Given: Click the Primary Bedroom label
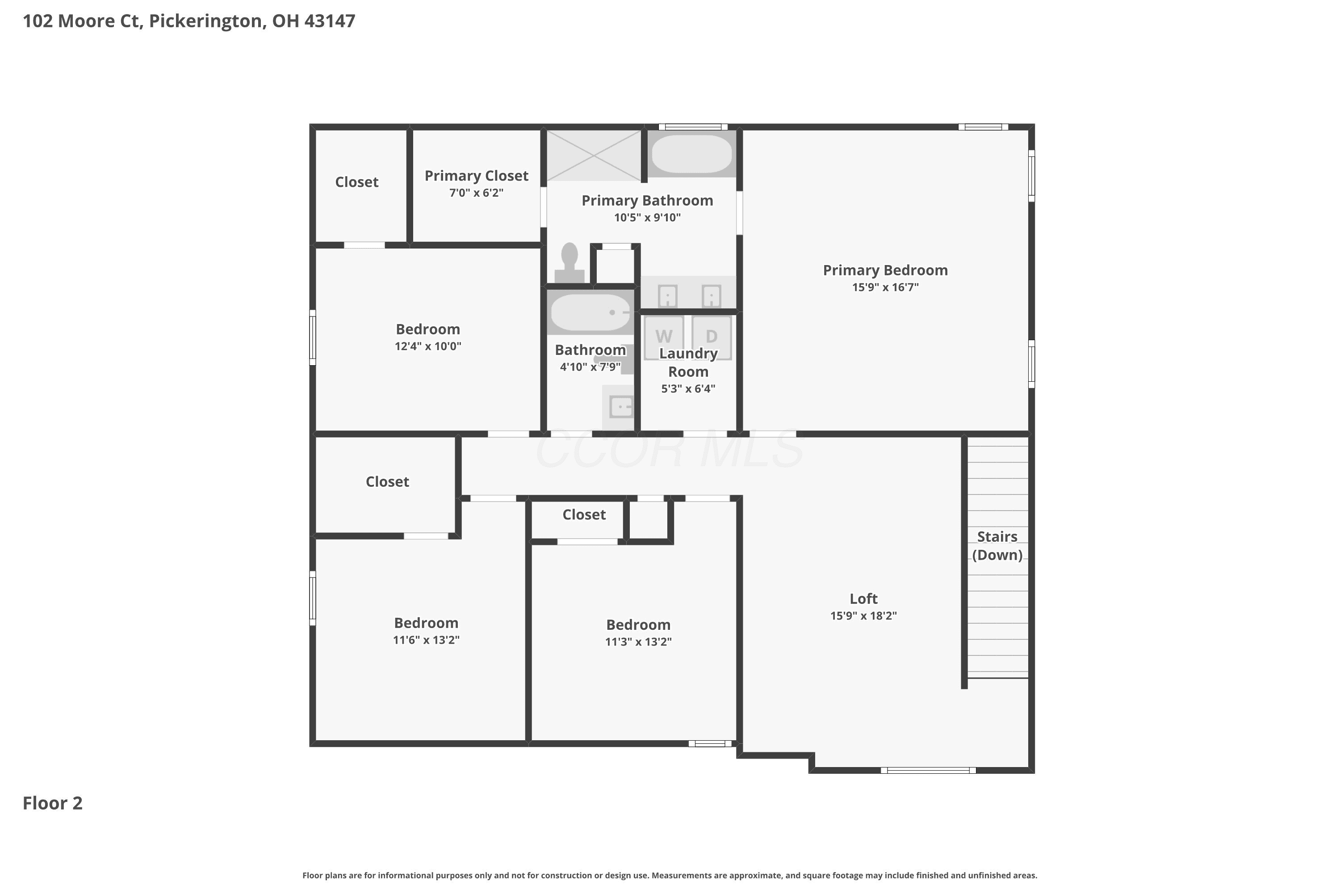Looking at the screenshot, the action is click(885, 270).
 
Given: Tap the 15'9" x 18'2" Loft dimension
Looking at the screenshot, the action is click(864, 616).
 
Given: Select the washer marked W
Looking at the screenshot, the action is click(664, 337).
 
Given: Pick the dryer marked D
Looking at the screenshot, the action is click(712, 337).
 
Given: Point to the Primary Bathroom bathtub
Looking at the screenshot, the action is click(691, 154).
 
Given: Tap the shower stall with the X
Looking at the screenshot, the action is click(594, 155).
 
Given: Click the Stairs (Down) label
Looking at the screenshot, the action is click(997, 546).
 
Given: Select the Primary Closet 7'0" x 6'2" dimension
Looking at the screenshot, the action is click(476, 193).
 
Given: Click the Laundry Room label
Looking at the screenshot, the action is click(688, 363).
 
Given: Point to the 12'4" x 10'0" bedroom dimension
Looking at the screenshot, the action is click(428, 346).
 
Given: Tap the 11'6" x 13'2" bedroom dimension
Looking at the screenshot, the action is click(426, 640).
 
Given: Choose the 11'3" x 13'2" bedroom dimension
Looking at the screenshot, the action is click(638, 641).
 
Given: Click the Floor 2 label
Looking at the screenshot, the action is click(52, 803).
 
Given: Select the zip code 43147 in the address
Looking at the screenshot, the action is click(330, 21).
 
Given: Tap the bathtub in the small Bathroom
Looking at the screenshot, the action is click(590, 312).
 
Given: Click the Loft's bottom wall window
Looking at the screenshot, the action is click(928, 770).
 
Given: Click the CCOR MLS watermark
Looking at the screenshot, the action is click(670, 449).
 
